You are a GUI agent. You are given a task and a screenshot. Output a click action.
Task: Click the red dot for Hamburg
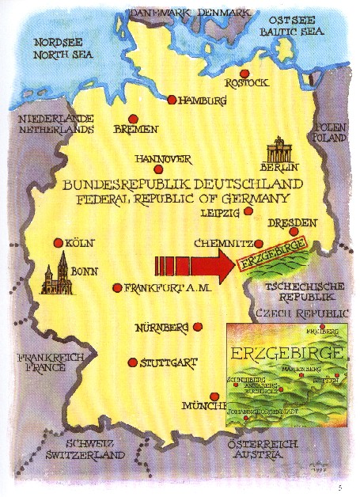click(x=172, y=100)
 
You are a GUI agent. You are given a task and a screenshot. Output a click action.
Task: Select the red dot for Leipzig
click(x=248, y=211)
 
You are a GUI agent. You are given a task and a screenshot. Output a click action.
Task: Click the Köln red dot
click(x=57, y=243)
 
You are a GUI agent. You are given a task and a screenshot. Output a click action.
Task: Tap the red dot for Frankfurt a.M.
click(x=117, y=288)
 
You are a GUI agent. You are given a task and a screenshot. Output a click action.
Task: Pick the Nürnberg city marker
click(x=198, y=326)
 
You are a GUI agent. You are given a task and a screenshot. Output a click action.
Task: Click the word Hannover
click(x=165, y=157)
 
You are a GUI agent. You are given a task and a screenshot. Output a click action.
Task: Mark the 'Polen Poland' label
click(x=330, y=131)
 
